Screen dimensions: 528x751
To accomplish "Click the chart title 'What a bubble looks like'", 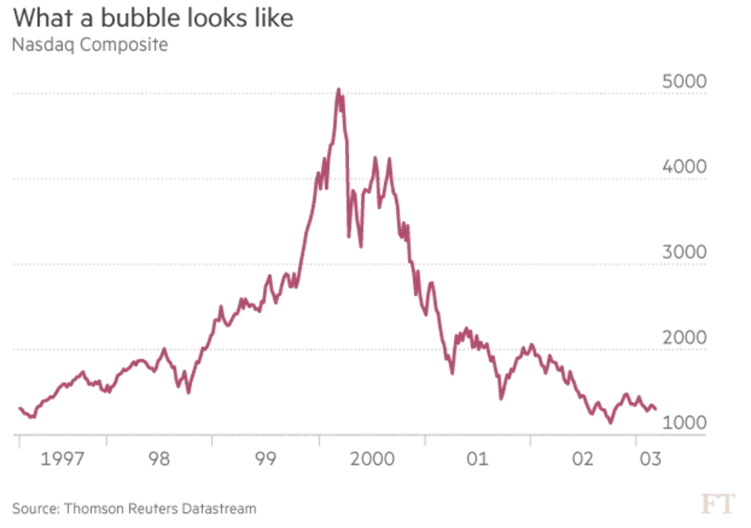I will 153,18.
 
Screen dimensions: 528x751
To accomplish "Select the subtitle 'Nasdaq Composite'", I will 90,45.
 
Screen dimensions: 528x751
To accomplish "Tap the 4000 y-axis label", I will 684,167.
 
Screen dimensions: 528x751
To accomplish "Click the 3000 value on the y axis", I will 684,252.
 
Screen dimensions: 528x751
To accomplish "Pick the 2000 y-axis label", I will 684,338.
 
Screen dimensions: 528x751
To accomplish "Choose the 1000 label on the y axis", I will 684,423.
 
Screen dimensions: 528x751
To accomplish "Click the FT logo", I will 718,503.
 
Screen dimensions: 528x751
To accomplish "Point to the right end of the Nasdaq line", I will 656,409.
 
